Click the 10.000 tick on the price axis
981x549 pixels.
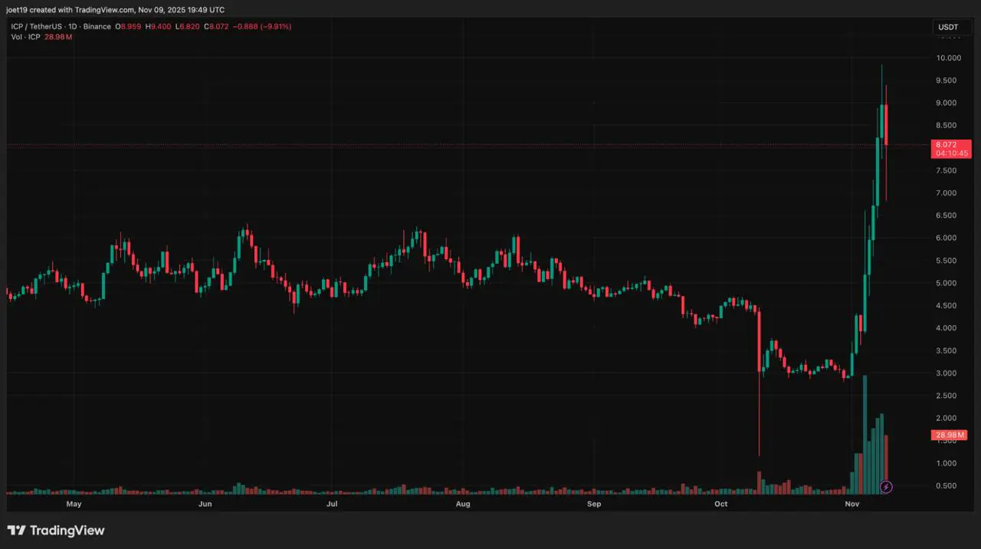(x=949, y=58)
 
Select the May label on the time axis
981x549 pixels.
(x=74, y=504)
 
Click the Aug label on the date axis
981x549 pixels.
(x=462, y=504)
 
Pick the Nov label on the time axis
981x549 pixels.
(x=851, y=504)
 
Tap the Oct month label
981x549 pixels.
(x=720, y=504)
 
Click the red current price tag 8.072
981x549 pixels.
(x=951, y=144)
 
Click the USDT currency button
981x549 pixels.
(x=948, y=27)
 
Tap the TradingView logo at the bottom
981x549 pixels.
(x=56, y=531)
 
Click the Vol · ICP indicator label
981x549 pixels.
(x=25, y=37)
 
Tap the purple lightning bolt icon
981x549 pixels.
(x=887, y=486)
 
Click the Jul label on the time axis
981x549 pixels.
(x=332, y=504)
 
